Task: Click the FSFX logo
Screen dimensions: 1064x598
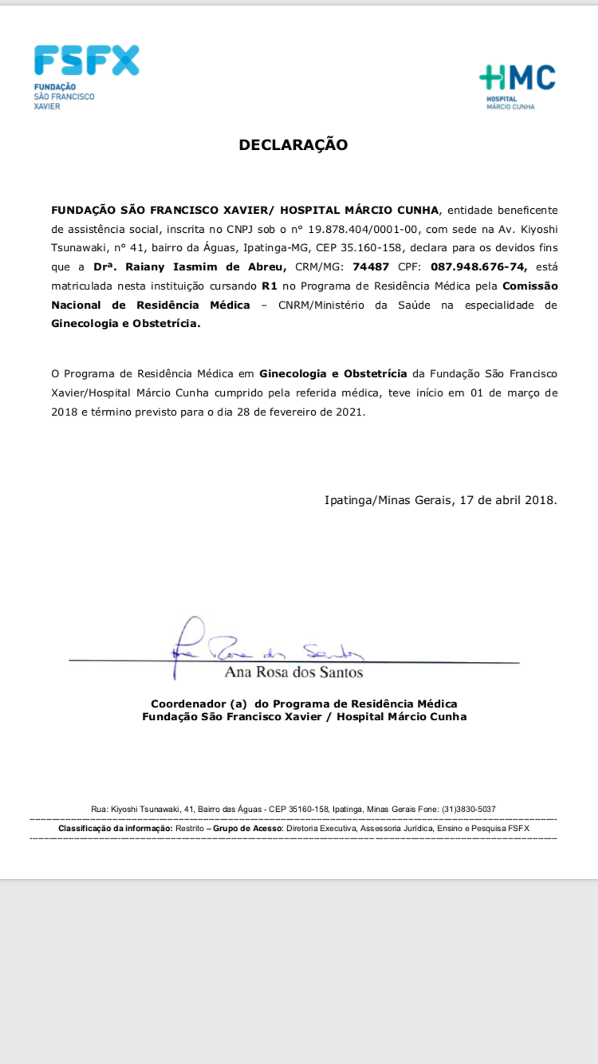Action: tap(86, 61)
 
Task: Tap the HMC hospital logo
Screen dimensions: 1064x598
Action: tap(517, 78)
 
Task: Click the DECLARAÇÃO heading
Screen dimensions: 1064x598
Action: tap(293, 145)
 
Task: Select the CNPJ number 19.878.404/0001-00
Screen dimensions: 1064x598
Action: tap(364, 228)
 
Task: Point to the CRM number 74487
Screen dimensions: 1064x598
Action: tap(371, 266)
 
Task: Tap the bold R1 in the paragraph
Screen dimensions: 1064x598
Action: tap(269, 286)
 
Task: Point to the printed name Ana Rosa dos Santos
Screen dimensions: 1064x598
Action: tap(293, 672)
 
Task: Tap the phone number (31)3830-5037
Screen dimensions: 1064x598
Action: tap(468, 809)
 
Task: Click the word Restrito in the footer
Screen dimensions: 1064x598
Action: tap(189, 829)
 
